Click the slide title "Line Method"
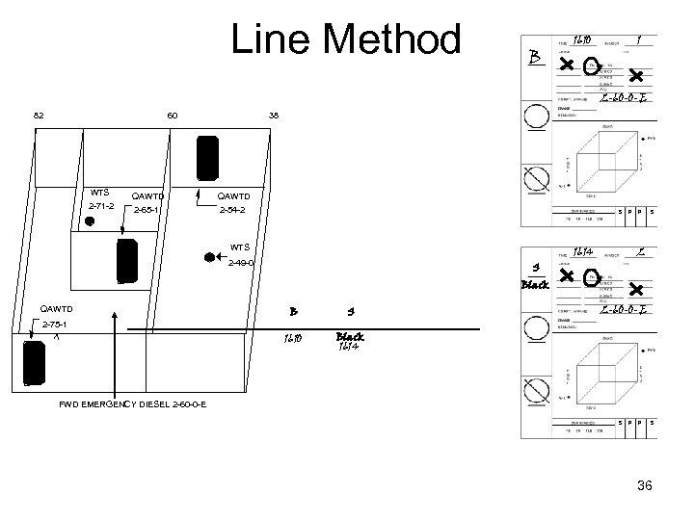(x=346, y=40)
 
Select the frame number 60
(x=173, y=116)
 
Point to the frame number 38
(x=274, y=116)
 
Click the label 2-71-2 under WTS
(x=101, y=206)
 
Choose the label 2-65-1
(x=147, y=210)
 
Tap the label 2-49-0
(x=241, y=263)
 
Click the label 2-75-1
(x=56, y=325)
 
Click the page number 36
(x=645, y=486)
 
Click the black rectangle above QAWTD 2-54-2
(x=207, y=157)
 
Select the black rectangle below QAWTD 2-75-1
(x=34, y=363)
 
